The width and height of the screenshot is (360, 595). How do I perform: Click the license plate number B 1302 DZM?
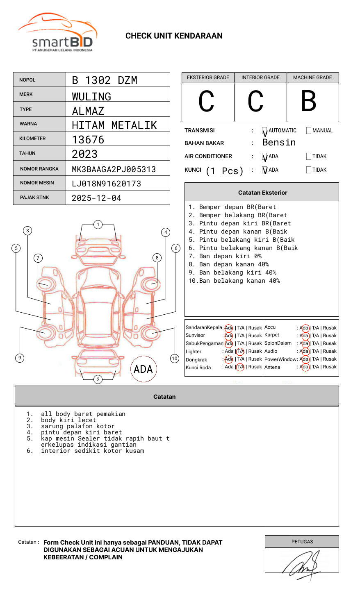point(105,80)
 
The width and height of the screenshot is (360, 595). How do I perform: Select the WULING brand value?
point(91,97)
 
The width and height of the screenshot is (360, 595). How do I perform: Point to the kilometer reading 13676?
point(88,140)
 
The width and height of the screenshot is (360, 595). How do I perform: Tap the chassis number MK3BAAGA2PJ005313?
point(114,169)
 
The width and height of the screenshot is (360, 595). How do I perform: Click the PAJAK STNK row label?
point(34,198)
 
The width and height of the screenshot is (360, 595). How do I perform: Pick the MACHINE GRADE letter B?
point(309,101)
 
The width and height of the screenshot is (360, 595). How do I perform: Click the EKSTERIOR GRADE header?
point(208,77)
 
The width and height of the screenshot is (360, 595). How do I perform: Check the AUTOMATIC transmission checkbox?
point(265,131)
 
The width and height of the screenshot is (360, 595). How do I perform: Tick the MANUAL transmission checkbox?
point(309,131)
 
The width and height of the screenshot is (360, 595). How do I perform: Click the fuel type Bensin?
point(279,143)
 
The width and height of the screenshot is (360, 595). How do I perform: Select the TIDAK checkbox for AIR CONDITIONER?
point(309,157)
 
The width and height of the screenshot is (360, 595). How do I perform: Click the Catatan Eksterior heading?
point(262,193)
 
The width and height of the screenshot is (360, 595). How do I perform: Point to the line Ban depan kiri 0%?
point(230,256)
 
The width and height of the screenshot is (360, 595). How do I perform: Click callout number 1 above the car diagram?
point(98,225)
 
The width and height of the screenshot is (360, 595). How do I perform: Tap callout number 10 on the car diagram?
point(175,359)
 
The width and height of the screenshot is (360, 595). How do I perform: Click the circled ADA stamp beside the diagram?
point(144,369)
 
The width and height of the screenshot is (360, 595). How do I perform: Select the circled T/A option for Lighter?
point(240,352)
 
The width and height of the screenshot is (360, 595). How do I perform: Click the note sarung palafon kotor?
point(77,426)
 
